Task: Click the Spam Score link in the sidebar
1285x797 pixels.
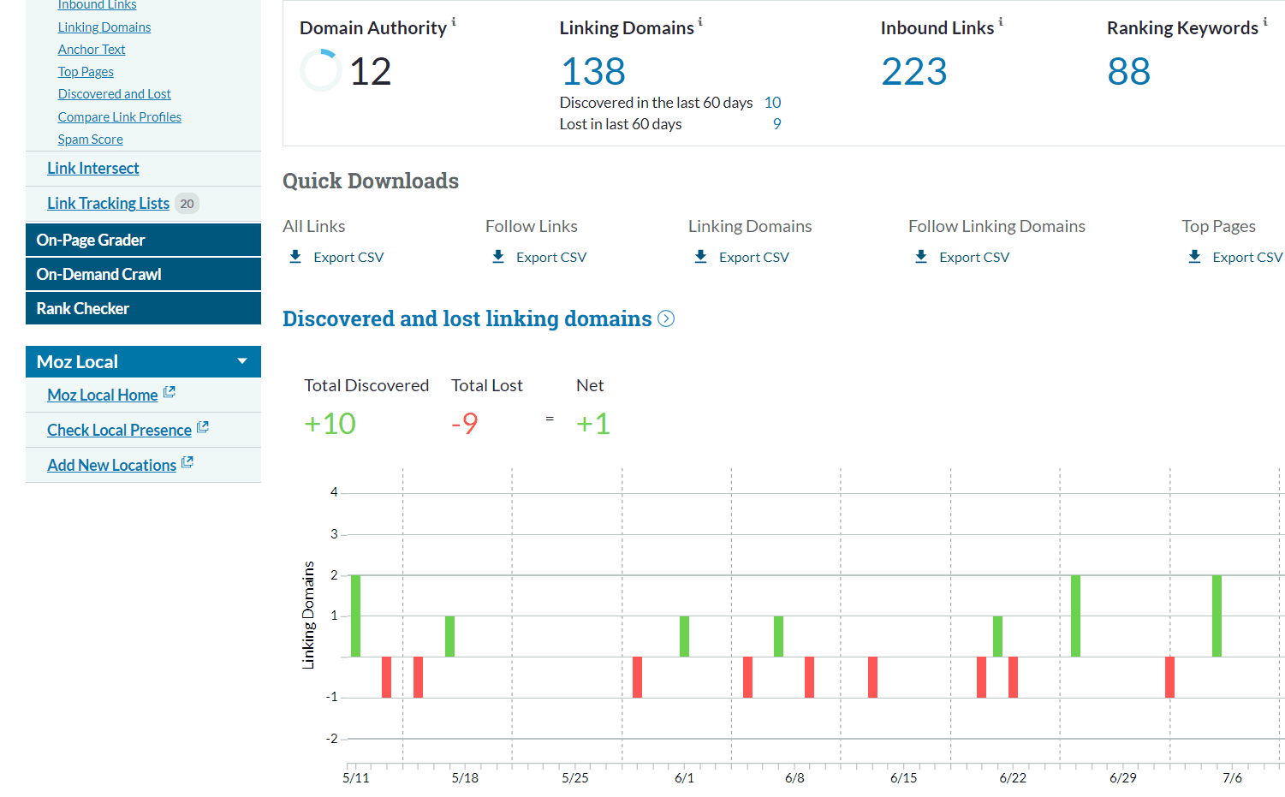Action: (x=90, y=140)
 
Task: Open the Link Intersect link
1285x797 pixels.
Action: (x=92, y=169)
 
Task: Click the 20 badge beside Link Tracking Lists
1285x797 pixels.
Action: (x=187, y=204)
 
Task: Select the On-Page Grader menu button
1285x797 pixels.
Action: (x=143, y=240)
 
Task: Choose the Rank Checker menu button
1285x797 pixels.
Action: (x=143, y=308)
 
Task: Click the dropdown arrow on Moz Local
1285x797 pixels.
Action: (x=242, y=361)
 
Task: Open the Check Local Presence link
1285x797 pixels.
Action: (x=119, y=430)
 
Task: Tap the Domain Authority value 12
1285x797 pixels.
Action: (x=370, y=72)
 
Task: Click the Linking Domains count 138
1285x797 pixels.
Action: (x=593, y=72)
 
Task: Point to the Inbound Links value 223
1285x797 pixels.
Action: (x=913, y=72)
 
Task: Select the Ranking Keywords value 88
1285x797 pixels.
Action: (x=1128, y=72)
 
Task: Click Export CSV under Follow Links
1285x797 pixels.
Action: (x=550, y=257)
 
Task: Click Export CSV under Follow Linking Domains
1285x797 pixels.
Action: (x=973, y=257)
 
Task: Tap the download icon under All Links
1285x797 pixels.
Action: (x=295, y=257)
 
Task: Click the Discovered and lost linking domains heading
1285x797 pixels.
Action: (x=467, y=318)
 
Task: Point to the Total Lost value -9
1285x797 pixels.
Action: (x=465, y=424)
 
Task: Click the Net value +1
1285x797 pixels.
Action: (x=592, y=424)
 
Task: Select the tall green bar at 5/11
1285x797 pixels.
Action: (x=356, y=616)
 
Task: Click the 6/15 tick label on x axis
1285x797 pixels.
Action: (x=903, y=777)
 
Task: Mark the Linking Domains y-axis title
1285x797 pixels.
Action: (x=308, y=615)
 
